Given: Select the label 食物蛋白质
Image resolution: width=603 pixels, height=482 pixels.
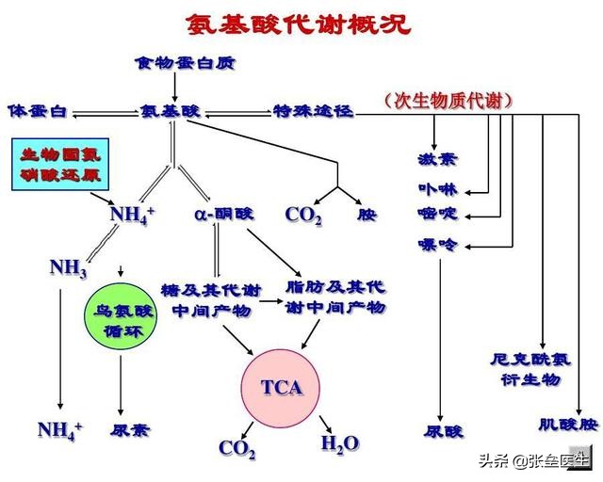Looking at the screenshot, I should tap(184, 64).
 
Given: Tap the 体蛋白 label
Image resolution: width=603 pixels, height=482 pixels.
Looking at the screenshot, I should tap(37, 111).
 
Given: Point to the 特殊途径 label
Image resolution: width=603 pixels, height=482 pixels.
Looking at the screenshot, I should tap(313, 111).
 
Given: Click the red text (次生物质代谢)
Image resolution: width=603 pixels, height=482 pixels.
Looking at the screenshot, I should tap(448, 100).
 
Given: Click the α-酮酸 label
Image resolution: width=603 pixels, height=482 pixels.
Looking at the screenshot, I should tap(223, 214).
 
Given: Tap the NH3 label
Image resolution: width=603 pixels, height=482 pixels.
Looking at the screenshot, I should tap(69, 269).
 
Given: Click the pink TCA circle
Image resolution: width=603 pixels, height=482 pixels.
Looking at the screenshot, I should tap(282, 387).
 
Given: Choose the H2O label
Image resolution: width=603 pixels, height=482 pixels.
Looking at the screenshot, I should tap(340, 443).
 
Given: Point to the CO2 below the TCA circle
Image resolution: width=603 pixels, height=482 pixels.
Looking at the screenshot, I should tap(237, 448).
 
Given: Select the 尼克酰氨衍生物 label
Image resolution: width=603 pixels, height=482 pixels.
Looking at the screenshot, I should tap(530, 368).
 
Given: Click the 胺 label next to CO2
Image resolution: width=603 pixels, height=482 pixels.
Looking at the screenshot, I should tap(367, 215).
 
